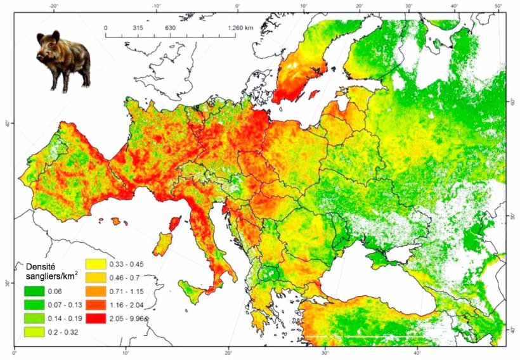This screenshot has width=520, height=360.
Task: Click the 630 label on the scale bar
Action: click(170, 29)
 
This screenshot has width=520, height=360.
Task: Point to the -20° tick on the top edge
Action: click(55, 6)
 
